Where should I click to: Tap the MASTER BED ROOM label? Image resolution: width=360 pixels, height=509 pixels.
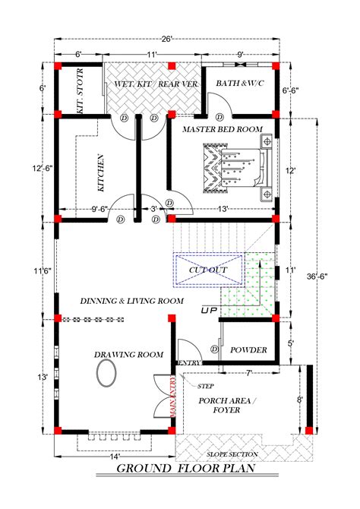[x=222, y=130]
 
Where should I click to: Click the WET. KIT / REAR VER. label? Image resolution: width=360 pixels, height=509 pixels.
[x=155, y=83]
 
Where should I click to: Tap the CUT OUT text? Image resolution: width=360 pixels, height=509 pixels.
[x=208, y=270]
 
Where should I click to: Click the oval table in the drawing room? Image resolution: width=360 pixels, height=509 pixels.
[x=106, y=373]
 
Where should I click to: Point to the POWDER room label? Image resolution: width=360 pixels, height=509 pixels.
[x=249, y=349]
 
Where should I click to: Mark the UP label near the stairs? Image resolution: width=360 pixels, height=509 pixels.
[x=207, y=311]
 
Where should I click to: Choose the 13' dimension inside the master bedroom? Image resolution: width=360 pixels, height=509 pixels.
[x=222, y=209]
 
